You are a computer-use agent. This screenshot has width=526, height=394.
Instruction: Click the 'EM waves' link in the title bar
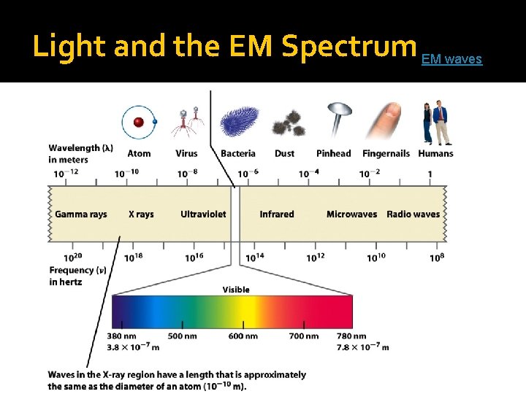pyautogui.click(x=451, y=59)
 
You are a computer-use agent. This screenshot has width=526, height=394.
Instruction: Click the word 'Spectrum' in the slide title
pyautogui.click(x=348, y=46)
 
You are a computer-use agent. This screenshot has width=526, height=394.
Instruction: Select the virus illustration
pyautogui.click(x=186, y=121)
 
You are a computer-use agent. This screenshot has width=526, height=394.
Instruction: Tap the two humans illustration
pyautogui.click(x=434, y=122)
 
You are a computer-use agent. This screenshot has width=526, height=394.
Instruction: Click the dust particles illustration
pyautogui.click(x=287, y=123)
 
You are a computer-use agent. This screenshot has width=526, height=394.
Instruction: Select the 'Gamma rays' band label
pyautogui.click(x=80, y=215)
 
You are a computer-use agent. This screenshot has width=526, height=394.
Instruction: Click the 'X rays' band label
pyautogui.click(x=141, y=215)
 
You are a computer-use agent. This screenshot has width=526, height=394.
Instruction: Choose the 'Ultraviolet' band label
pyautogui.click(x=203, y=215)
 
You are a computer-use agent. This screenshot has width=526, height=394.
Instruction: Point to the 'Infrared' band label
pyautogui.click(x=277, y=215)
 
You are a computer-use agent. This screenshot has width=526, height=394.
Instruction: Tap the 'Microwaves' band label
pyautogui.click(x=351, y=215)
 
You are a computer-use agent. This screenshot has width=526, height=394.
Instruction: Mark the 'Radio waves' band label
pyautogui.click(x=413, y=215)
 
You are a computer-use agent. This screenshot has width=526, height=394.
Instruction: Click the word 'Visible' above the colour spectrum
pyautogui.click(x=236, y=290)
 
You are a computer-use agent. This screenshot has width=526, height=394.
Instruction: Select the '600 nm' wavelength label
pyautogui.click(x=243, y=336)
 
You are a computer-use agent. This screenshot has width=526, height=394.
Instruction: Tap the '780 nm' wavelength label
pyautogui.click(x=351, y=336)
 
